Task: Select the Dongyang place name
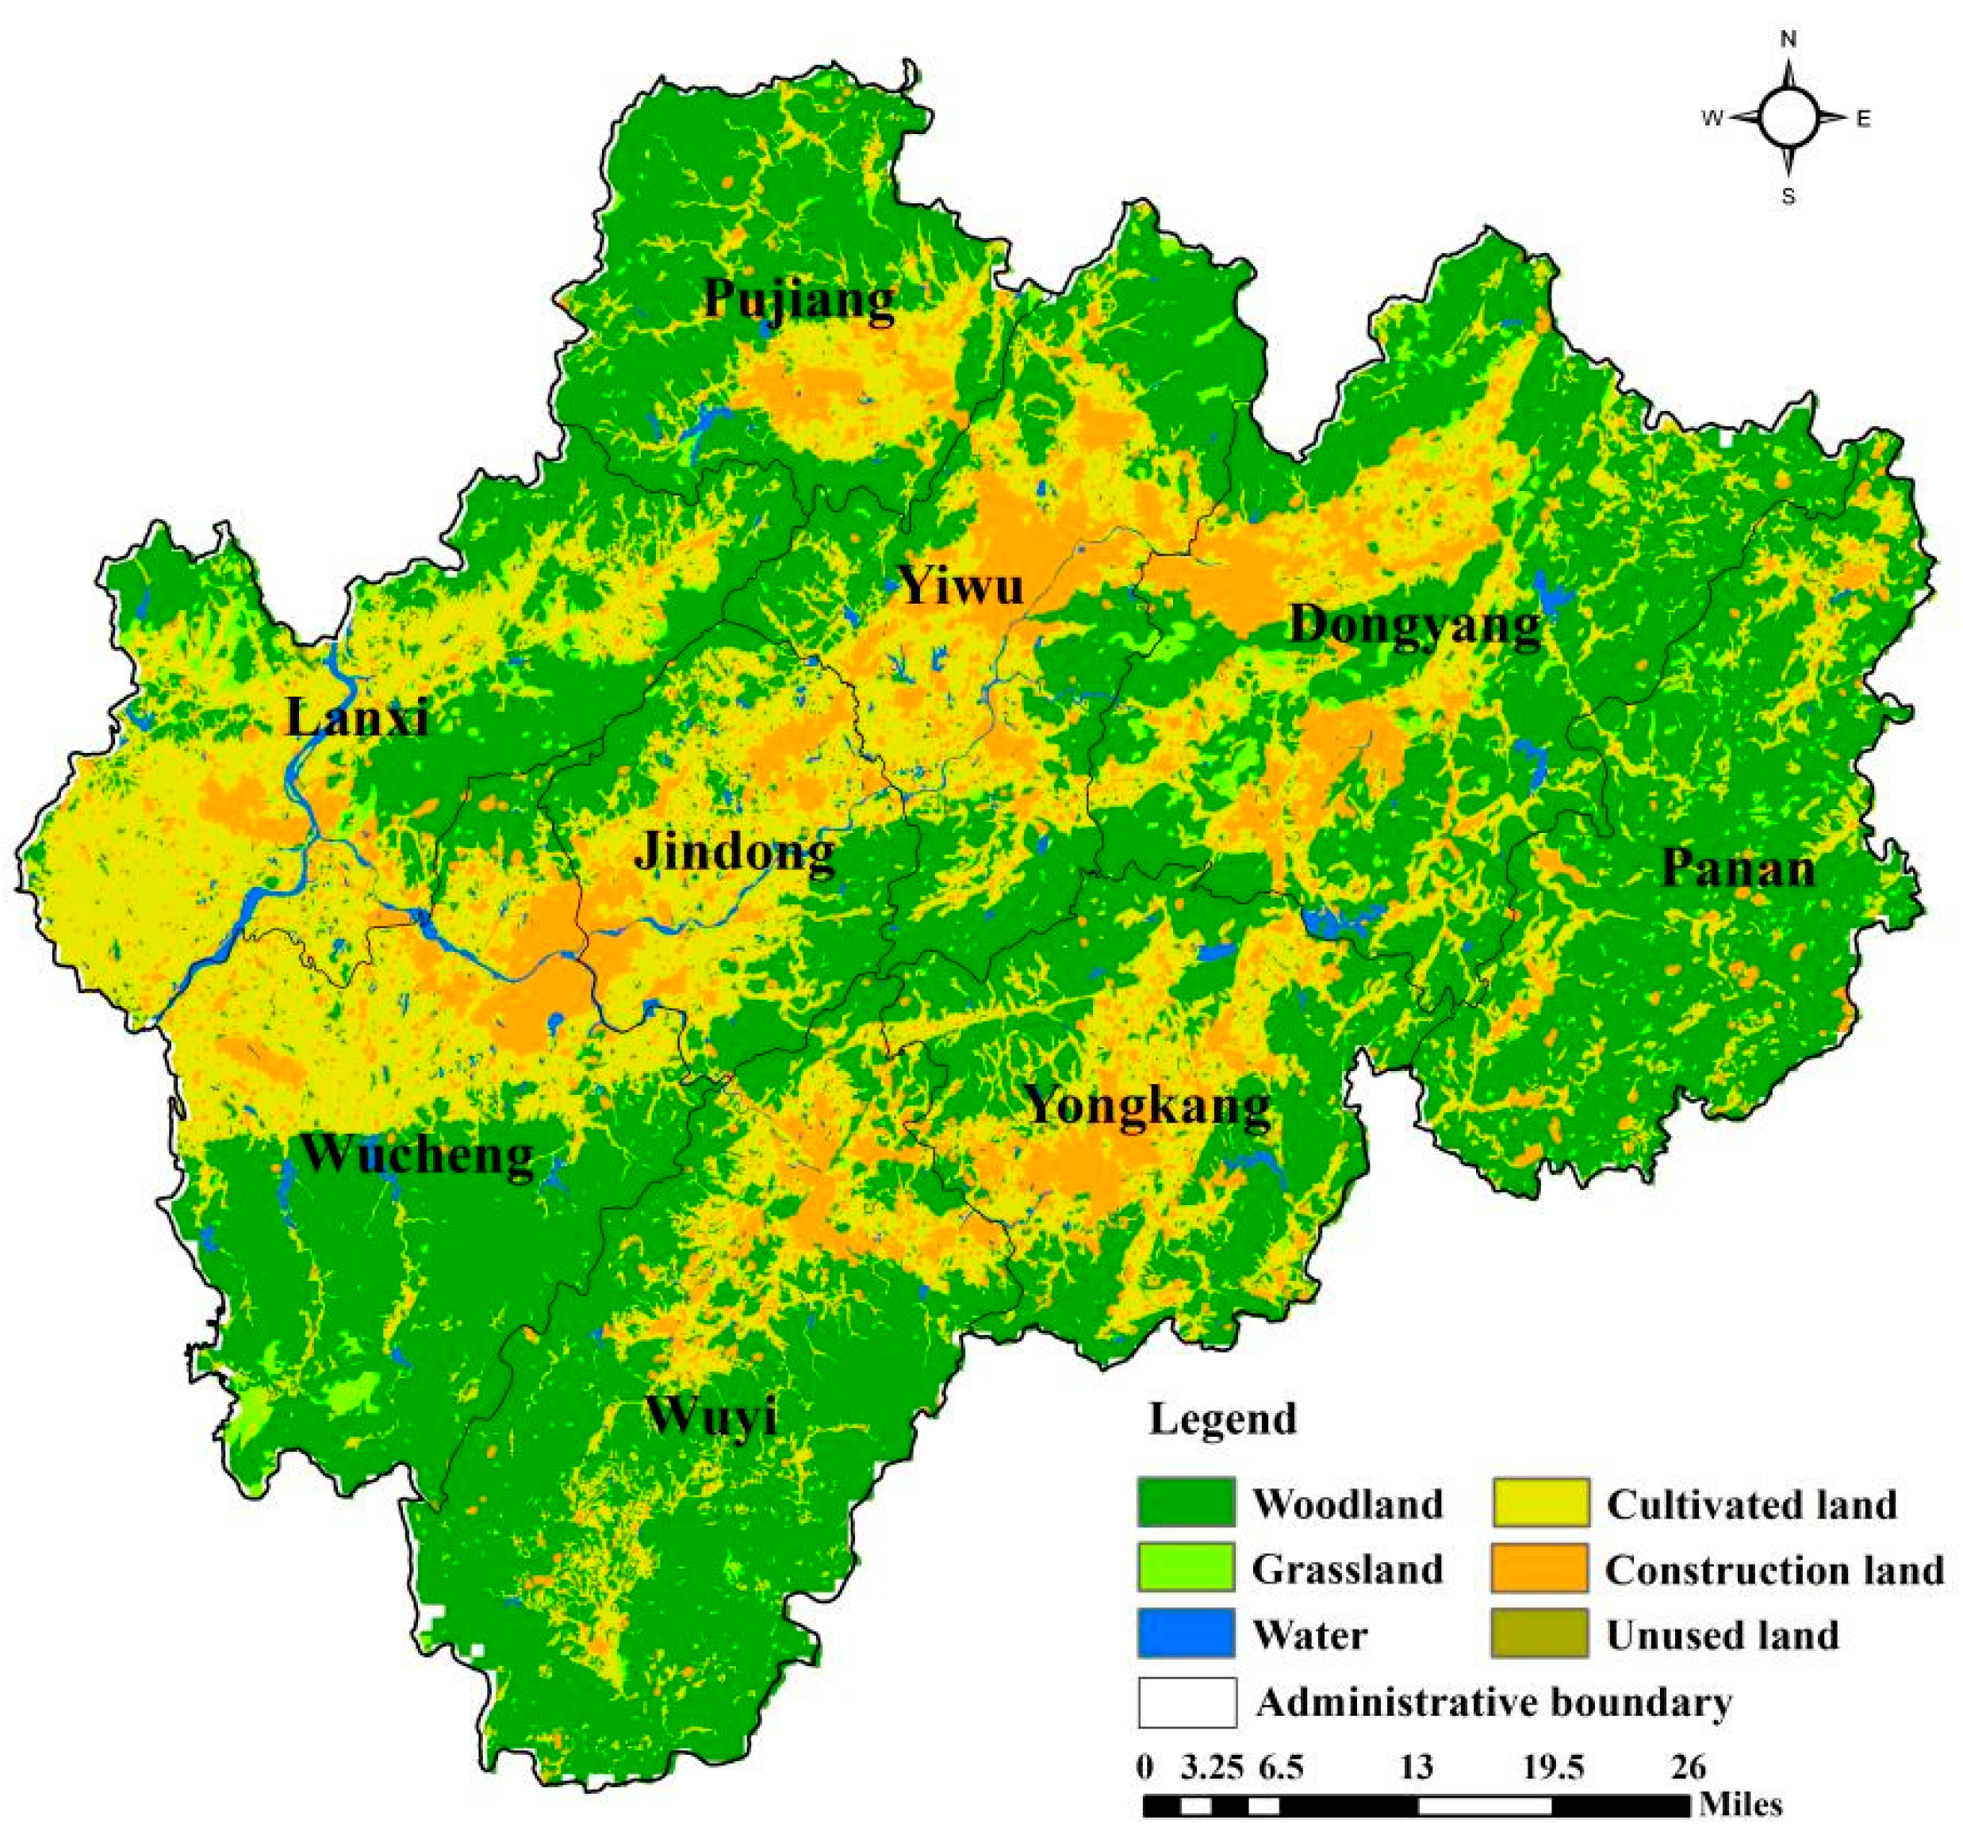tap(1415, 626)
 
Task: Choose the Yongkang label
tap(1148, 1105)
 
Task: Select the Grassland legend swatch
tap(1185, 1568)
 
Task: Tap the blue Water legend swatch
tap(1185, 1633)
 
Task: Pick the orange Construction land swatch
tap(1539, 1568)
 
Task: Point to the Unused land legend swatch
tap(1539, 1633)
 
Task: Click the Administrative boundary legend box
tap(1187, 1702)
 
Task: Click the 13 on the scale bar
tap(1417, 1766)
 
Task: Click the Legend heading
tap(1222, 1419)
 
